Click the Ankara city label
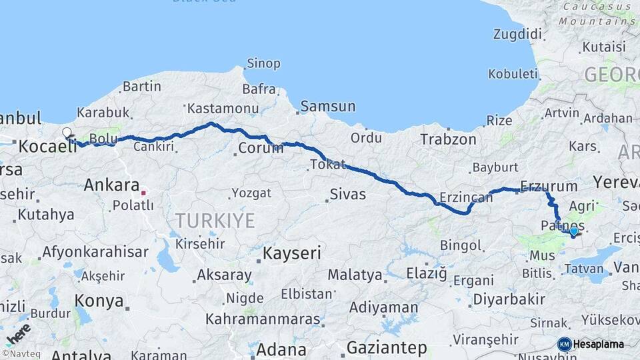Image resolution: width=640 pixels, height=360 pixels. pyautogui.click(x=111, y=185)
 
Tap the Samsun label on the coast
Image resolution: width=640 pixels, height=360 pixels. pyautogui.click(x=327, y=106)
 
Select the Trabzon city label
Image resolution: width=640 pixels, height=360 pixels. pyautogui.click(x=448, y=139)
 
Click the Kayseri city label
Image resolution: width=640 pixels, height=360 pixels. pyautogui.click(x=292, y=253)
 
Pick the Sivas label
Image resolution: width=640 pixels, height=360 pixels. pyautogui.click(x=347, y=195)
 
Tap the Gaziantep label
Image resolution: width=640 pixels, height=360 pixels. pyautogui.click(x=387, y=347)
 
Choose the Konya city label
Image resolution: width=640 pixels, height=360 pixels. pyautogui.click(x=99, y=301)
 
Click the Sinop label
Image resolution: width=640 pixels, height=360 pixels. pyautogui.click(x=263, y=64)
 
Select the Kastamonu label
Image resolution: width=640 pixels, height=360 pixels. pyautogui.click(x=223, y=108)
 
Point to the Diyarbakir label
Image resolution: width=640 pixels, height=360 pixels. pyautogui.click(x=509, y=299)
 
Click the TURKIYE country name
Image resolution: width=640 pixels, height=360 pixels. pyautogui.click(x=215, y=221)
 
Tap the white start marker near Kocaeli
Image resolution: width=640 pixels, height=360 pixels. pyautogui.click(x=67, y=133)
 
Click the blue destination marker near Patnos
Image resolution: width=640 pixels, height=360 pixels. pyautogui.click(x=573, y=232)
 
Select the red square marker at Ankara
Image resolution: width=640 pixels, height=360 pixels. pyautogui.click(x=143, y=193)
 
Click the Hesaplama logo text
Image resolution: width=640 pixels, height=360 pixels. pyautogui.click(x=599, y=344)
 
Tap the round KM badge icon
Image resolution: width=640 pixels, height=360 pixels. pyautogui.click(x=565, y=344)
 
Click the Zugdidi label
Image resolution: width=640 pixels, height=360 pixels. pyautogui.click(x=517, y=34)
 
